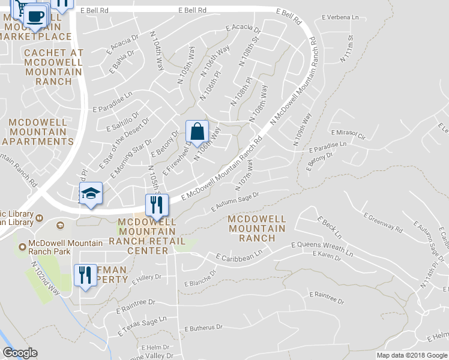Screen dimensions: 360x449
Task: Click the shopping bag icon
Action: [x=197, y=130]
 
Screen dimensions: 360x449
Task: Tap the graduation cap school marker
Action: [x=91, y=193]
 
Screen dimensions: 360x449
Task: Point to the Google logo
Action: [x=20, y=353]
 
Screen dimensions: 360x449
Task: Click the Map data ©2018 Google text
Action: [x=412, y=355]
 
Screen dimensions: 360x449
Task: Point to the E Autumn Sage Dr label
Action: [x=235, y=202]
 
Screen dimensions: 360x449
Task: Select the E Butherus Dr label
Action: [x=203, y=328]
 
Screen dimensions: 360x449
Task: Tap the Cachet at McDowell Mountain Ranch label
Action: [x=53, y=67]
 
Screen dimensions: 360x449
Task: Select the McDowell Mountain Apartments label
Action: [x=41, y=132]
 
